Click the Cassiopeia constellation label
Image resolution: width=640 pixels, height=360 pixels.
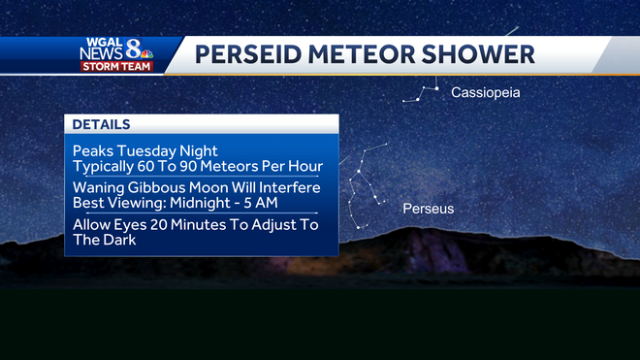click(x=486, y=93)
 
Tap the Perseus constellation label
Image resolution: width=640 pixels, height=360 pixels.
click(x=429, y=209)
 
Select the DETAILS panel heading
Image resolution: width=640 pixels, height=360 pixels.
click(x=102, y=125)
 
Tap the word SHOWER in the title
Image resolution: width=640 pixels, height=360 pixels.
click(x=485, y=54)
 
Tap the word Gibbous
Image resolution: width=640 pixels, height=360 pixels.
click(x=158, y=187)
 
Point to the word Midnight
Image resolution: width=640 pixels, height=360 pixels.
click(x=208, y=204)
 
